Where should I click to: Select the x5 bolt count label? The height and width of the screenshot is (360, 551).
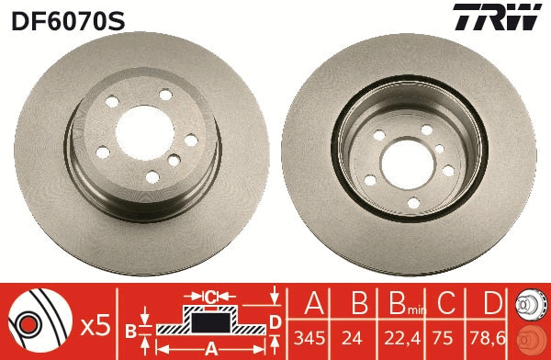tap(94, 323)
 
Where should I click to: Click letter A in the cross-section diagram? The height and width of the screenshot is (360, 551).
tap(210, 348)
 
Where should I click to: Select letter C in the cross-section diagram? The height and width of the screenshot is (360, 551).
tap(209, 297)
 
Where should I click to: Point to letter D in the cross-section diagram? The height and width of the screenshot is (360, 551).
tap(274, 321)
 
